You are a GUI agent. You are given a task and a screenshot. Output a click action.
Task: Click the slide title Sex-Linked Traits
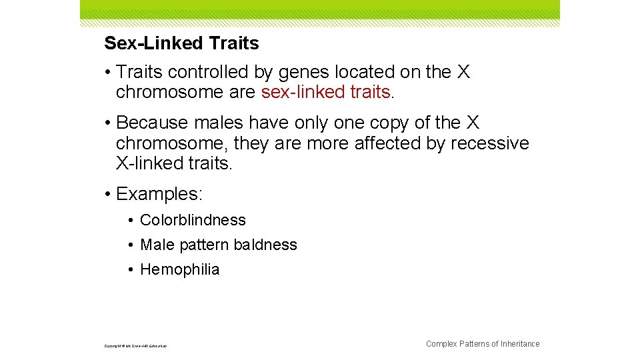tap(181, 44)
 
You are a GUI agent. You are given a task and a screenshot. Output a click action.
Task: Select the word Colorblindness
tap(193, 220)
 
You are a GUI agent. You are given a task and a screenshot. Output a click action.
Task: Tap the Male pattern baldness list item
tap(219, 245)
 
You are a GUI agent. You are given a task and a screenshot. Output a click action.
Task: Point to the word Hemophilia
tap(179, 269)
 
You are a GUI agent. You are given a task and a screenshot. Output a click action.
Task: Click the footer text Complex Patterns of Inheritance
tap(483, 344)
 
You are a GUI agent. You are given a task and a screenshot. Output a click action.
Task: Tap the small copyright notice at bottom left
tap(136, 346)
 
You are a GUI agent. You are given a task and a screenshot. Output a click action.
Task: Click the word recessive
tap(490, 143)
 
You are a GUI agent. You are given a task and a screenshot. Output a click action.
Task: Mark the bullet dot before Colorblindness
tap(133, 221)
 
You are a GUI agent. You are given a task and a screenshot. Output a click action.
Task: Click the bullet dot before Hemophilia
tap(133, 270)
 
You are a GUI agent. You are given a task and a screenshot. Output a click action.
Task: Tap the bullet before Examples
tap(108, 195)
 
